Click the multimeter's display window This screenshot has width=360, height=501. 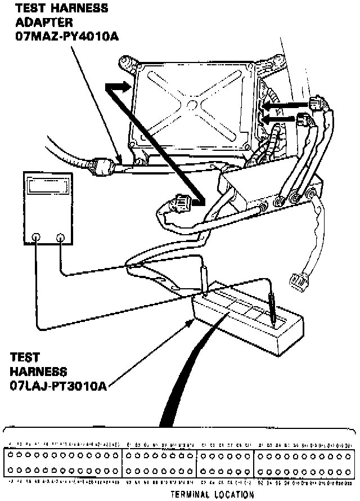click(x=48, y=186)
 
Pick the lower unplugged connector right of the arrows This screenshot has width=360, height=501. click(x=304, y=120)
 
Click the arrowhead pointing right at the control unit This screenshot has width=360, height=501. click(x=119, y=87)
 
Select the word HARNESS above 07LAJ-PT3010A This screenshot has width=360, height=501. click(x=38, y=372)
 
